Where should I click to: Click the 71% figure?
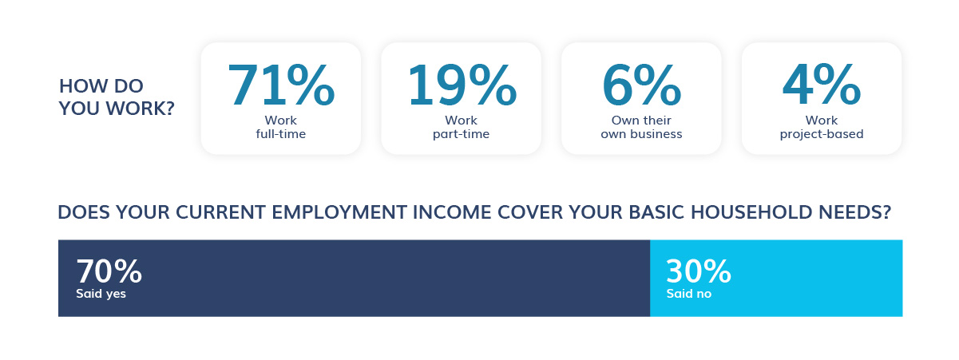coord(281,85)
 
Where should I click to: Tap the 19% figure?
coord(462,85)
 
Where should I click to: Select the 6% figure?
coord(641,85)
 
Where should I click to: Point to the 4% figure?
coord(822,85)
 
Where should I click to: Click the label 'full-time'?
coord(281,134)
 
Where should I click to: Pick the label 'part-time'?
coord(461,134)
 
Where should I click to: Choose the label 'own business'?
coord(641,134)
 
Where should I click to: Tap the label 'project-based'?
coord(822,134)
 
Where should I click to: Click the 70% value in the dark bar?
coord(109,271)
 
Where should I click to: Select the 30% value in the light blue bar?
coord(699,271)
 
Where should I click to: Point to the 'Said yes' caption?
coord(101,294)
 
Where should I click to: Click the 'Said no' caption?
coord(689,294)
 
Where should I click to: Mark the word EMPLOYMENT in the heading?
coord(339,212)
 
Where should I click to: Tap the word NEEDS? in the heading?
coord(854,212)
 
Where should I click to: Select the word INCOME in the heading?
coord(452,212)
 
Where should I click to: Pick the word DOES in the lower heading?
coord(84,212)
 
